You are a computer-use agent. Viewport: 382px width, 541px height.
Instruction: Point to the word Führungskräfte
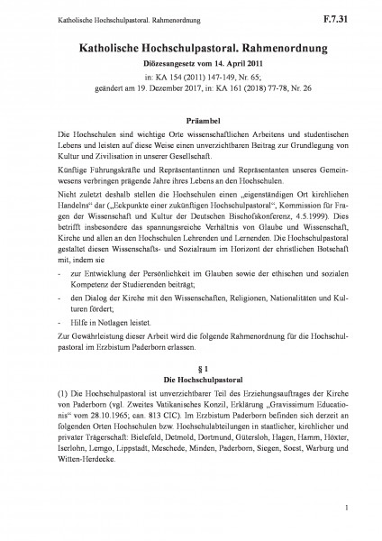[90, 168]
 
